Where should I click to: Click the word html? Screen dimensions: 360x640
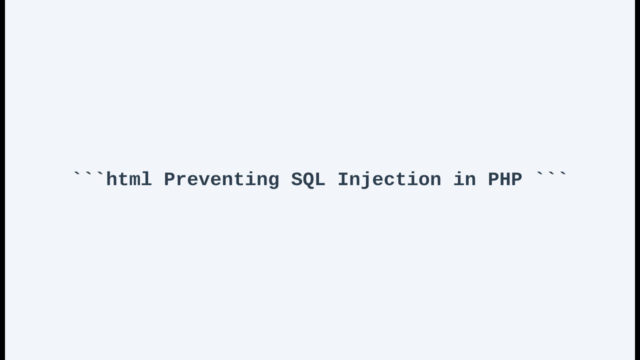pyautogui.click(x=129, y=179)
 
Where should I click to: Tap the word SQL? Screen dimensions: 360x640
pyautogui.click(x=308, y=179)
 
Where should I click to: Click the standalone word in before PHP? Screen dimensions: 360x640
pyautogui.click(x=465, y=179)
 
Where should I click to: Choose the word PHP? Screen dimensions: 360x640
pyautogui.click(x=505, y=179)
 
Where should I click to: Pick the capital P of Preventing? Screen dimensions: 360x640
pyautogui.click(x=169, y=179)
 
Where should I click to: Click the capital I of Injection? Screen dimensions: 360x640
pyautogui.click(x=343, y=179)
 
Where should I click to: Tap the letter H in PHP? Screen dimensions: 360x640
pyautogui.click(x=505, y=179)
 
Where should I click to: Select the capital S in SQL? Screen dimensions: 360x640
pyautogui.click(x=296, y=179)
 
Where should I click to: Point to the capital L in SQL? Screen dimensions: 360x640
pyautogui.click(x=320, y=179)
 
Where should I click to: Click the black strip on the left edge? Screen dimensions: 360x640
pyautogui.click(x=2, y=180)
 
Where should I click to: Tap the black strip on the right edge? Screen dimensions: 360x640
pyautogui.click(x=637, y=180)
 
